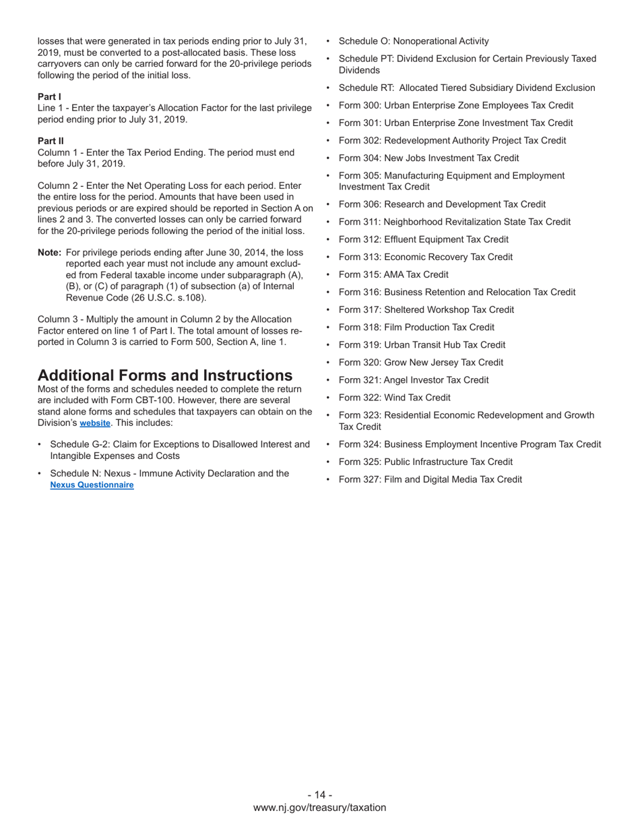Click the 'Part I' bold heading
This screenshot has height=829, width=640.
(x=49, y=97)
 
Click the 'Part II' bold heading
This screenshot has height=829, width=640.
(x=51, y=142)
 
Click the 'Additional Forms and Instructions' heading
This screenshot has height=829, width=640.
(x=165, y=375)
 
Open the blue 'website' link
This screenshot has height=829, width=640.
(x=95, y=423)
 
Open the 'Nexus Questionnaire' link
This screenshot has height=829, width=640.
(x=92, y=485)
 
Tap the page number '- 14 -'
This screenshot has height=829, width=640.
(x=320, y=795)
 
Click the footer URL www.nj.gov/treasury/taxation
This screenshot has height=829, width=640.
(x=320, y=807)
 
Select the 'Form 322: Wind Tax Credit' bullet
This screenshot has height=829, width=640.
(x=395, y=398)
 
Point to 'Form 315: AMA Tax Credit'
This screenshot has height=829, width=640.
(x=393, y=274)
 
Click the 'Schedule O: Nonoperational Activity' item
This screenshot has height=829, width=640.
(x=414, y=41)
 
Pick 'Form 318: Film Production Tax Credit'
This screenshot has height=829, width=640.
(x=416, y=327)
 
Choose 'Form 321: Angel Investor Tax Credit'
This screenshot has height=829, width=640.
(x=414, y=380)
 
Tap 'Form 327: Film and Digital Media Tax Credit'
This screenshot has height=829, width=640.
(x=430, y=479)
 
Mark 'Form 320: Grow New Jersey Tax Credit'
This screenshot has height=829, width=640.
(x=420, y=363)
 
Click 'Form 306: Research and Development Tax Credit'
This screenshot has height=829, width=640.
(x=442, y=204)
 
